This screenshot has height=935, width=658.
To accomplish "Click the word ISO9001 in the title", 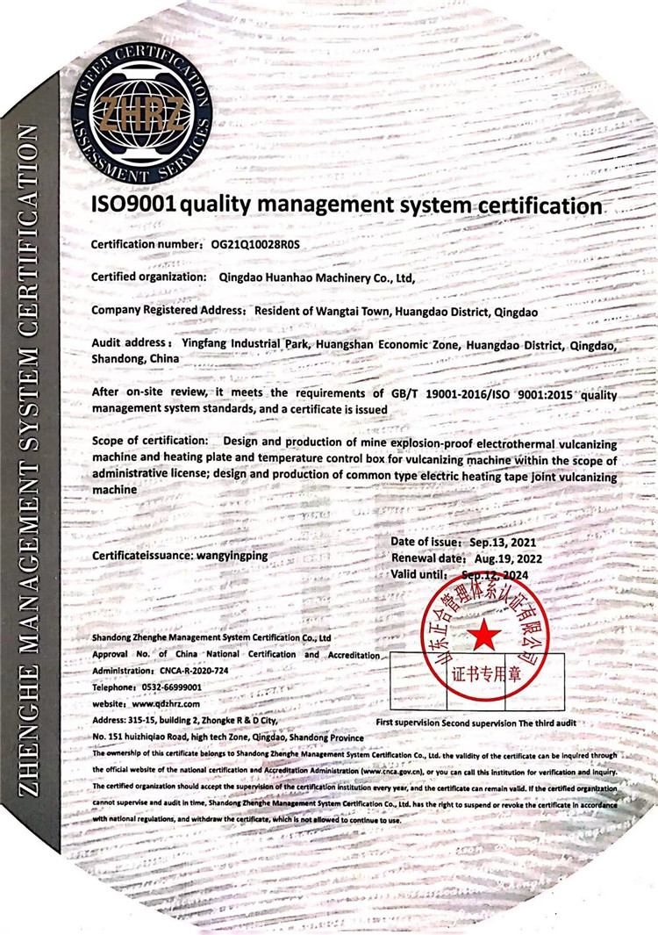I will [134, 205].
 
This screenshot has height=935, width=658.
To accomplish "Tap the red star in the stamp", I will [483, 635].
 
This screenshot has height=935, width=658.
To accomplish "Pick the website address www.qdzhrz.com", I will [166, 704].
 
